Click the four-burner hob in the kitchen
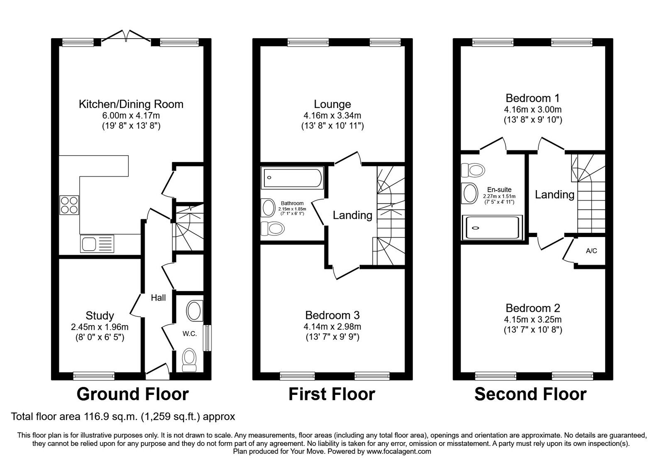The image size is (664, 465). coord(69,204)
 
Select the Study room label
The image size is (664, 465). coord(100,316)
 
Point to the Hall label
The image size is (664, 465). coord(158,298)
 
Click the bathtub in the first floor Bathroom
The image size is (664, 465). coord(292,178)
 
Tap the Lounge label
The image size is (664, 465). coord(332,104)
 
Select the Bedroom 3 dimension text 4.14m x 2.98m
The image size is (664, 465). coord(332,327)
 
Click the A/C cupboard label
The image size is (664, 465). coord(591,251)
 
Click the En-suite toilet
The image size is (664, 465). coord(473,169)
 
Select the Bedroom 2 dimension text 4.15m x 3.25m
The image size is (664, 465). coord(532,320)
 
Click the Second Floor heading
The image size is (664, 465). coord(530,394)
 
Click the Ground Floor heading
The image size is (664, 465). coord(133,394)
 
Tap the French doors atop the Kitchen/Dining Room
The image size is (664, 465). coord(126,37)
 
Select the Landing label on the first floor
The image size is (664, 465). coord(352,215)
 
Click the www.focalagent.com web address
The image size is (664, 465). coord(399,451)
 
